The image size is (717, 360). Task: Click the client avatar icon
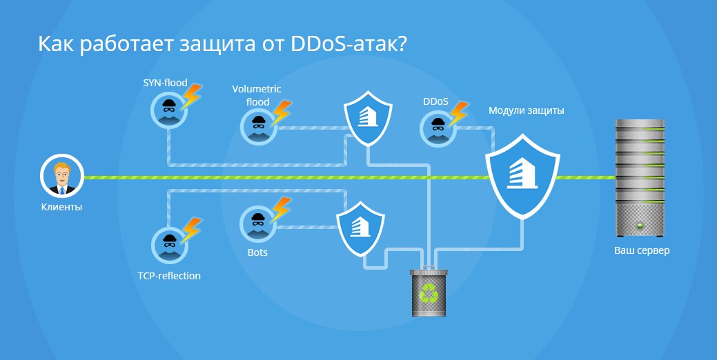pos(61,177)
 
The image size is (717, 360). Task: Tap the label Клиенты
pos(61,206)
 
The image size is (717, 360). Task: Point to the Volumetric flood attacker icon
pos(258,126)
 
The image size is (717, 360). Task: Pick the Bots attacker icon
pos(258,223)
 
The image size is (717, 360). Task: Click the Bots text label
pos(257,252)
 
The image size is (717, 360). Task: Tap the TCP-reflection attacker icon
pos(168,242)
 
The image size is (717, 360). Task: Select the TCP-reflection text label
pos(169,276)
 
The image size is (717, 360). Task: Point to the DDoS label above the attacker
pos(435,101)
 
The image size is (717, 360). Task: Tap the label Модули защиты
pos(527,110)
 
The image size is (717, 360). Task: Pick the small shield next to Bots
pos(360,228)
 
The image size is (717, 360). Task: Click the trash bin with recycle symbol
pos(429,292)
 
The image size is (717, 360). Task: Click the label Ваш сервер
pos(642,250)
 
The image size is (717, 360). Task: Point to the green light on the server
pos(641,226)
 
